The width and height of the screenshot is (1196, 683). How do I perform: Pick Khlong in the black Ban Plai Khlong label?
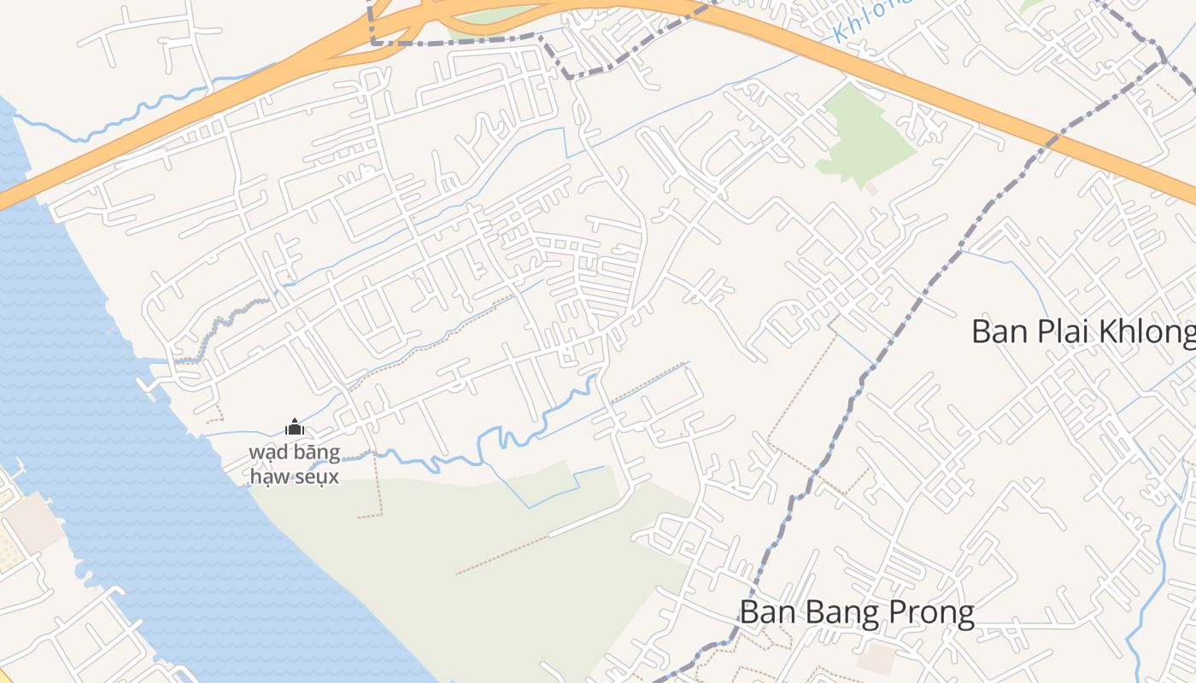[x=1149, y=331]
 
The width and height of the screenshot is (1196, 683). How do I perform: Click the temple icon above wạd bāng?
[x=295, y=427]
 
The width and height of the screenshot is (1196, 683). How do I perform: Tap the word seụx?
[x=318, y=476]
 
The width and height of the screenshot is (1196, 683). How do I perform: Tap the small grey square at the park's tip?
[x=871, y=189]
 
